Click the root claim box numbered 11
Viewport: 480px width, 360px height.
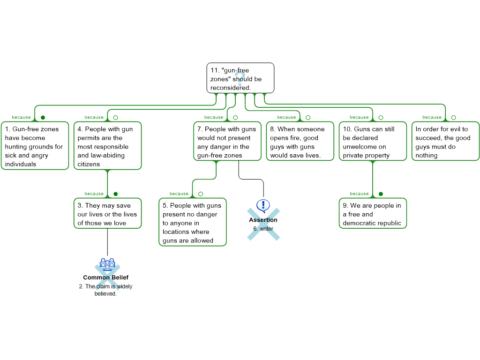[x=240, y=78]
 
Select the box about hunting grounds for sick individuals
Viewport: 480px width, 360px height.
[x=35, y=146]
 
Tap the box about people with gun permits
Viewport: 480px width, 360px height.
[x=107, y=146]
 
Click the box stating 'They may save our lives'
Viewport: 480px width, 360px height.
[x=107, y=213]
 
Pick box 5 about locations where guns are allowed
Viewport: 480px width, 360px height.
[x=193, y=222]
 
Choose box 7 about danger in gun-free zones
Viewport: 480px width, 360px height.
[x=227, y=141]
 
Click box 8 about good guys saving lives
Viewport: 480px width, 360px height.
[x=300, y=141]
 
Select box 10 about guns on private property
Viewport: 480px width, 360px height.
[x=373, y=141]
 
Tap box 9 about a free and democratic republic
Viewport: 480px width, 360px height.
[x=373, y=213]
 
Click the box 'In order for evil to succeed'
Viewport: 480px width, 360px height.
[x=445, y=141]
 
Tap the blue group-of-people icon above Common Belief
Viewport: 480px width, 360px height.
[x=107, y=264]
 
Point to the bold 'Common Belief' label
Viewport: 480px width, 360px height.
[x=105, y=277]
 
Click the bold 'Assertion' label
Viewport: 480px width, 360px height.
[x=263, y=220]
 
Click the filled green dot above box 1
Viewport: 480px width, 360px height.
[x=43, y=118]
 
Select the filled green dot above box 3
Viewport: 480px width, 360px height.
[x=115, y=194]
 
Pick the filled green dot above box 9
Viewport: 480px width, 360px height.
[x=381, y=194]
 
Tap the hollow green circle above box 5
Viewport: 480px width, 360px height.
[x=201, y=194]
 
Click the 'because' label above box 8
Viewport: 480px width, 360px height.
[x=286, y=117]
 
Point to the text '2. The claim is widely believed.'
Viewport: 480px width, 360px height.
[x=105, y=290]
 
